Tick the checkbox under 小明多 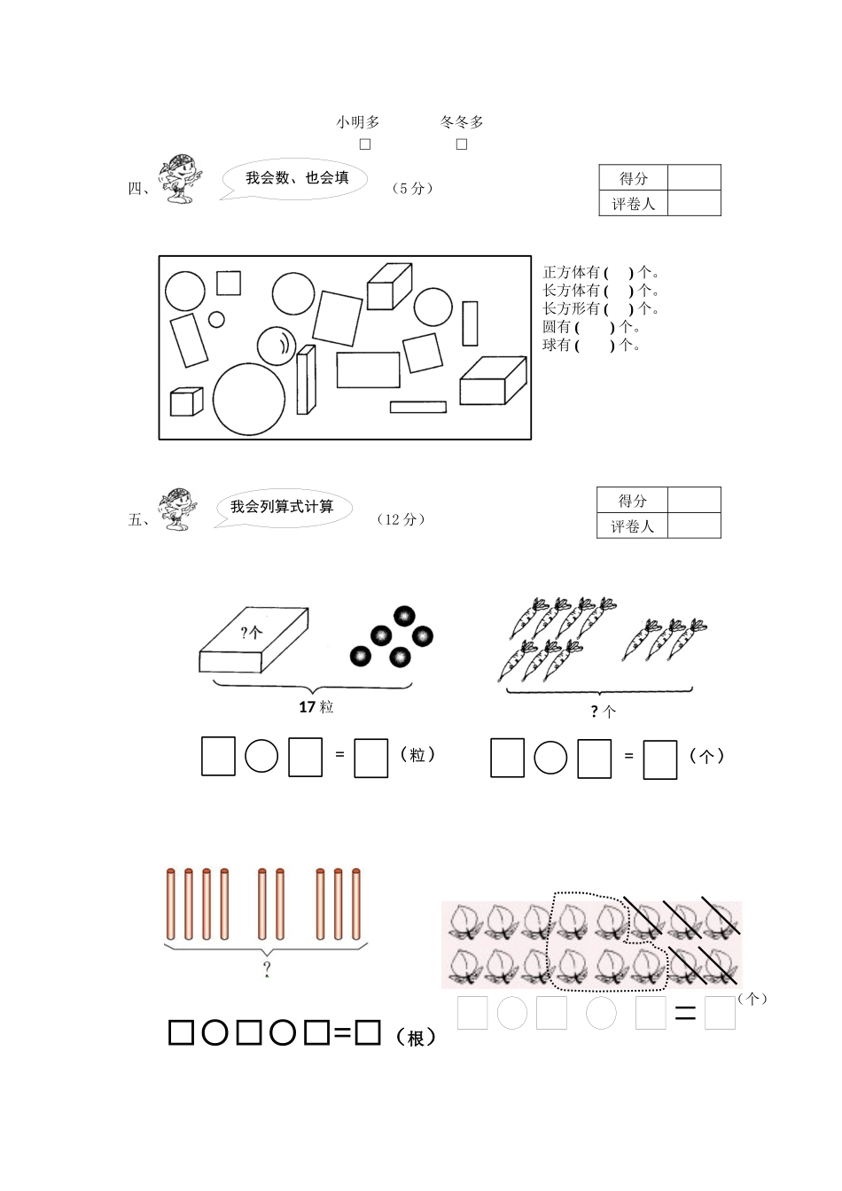click(x=364, y=144)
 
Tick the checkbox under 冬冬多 click(x=462, y=144)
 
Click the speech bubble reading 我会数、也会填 click(x=297, y=178)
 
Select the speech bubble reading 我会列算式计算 click(x=283, y=508)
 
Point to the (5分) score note click(x=412, y=189)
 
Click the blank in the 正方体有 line click(x=619, y=273)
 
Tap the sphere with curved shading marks click(x=276, y=346)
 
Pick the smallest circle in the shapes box click(x=216, y=319)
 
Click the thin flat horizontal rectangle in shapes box click(x=418, y=407)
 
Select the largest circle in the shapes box click(x=249, y=399)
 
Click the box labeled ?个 click(x=253, y=642)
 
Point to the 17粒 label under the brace click(x=316, y=707)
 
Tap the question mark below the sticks click(x=266, y=969)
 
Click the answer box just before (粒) click(x=370, y=759)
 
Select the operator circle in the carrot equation click(x=550, y=758)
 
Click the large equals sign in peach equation click(x=685, y=1014)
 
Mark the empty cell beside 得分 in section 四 click(x=694, y=178)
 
